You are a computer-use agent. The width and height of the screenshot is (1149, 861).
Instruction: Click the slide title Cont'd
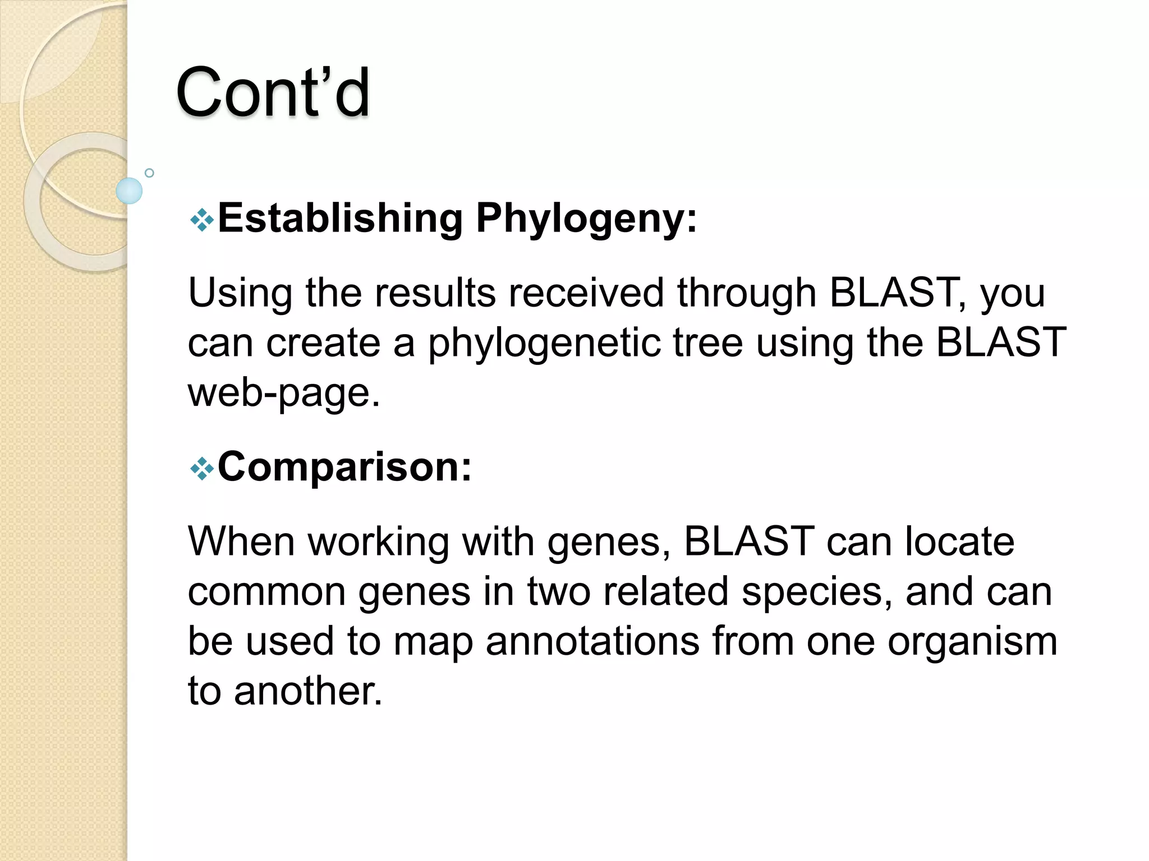click(273, 92)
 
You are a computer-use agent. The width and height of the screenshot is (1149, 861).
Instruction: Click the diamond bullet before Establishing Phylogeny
click(201, 221)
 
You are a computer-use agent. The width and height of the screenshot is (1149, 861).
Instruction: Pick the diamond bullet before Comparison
click(201, 469)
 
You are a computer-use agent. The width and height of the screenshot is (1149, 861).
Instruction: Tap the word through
click(746, 294)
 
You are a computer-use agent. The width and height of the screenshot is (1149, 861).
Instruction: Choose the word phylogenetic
click(543, 343)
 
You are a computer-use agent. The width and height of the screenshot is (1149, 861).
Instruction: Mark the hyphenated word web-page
click(284, 393)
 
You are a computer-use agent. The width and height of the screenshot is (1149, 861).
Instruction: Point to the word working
click(379, 543)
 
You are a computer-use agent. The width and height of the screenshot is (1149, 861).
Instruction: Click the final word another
click(307, 691)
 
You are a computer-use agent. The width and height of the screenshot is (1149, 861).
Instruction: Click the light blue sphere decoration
click(129, 191)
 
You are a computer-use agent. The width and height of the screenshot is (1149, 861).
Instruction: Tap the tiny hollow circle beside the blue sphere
click(149, 173)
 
